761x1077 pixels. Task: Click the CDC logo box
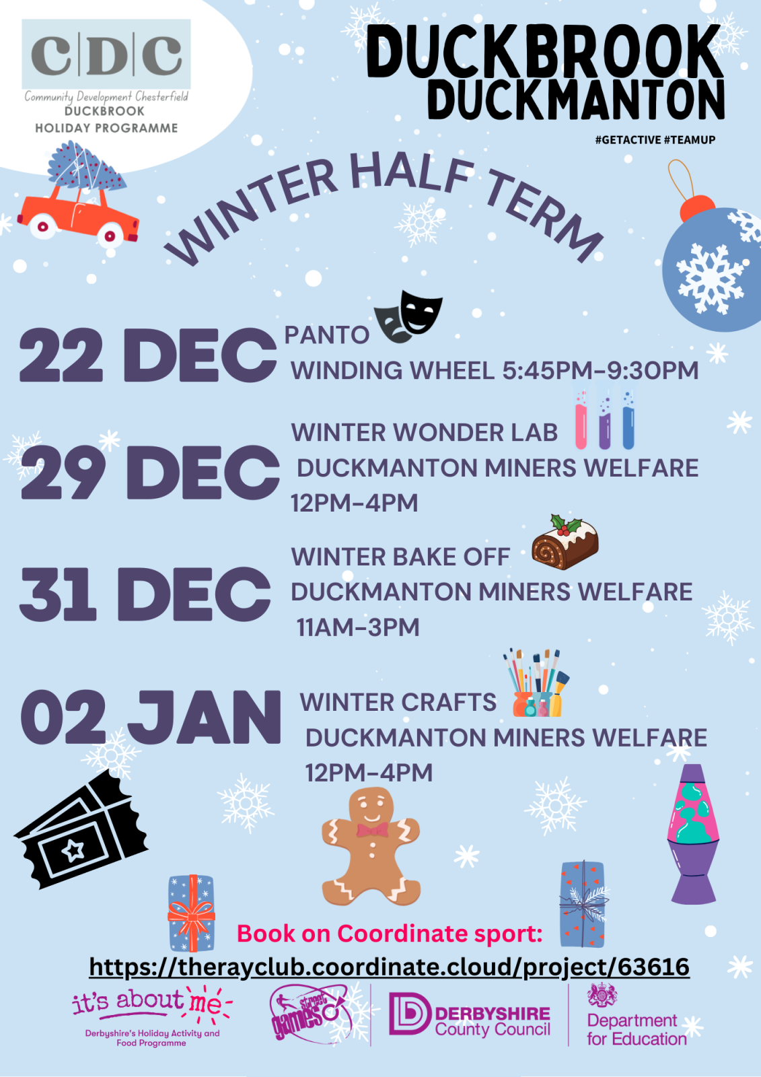[x=106, y=54]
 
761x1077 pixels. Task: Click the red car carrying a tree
[x=78, y=214]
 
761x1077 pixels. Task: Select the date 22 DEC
[x=148, y=355]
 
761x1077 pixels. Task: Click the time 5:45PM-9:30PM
[x=600, y=370]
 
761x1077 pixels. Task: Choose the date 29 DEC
[x=150, y=472]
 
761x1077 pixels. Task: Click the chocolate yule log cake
[x=565, y=542]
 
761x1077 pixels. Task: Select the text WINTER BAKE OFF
[x=400, y=557]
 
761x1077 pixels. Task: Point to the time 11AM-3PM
[x=358, y=627]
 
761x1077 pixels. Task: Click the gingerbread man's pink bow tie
[x=372, y=830]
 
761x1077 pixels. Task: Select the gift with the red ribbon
[x=191, y=913]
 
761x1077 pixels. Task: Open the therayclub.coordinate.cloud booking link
[x=390, y=967]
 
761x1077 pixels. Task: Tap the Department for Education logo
[x=637, y=1014]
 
